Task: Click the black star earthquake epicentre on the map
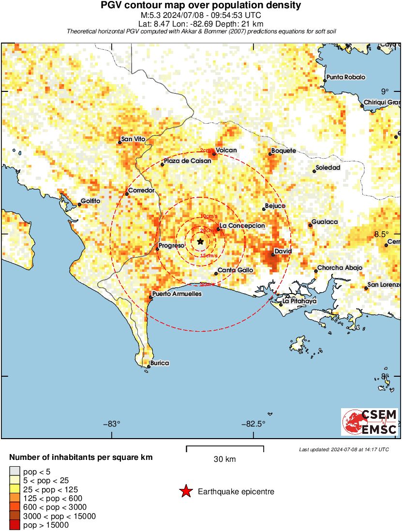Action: pyautogui.click(x=200, y=241)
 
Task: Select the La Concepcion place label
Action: pyautogui.click(x=242, y=225)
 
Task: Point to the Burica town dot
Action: pyautogui.click(x=149, y=367)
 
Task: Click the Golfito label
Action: pyautogui.click(x=90, y=201)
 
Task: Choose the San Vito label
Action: pyautogui.click(x=133, y=139)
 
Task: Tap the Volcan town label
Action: pyautogui.click(x=226, y=150)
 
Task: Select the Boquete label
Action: pyautogui.click(x=283, y=151)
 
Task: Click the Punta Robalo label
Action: pyautogui.click(x=346, y=77)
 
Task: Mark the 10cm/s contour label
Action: pyautogui.click(x=209, y=216)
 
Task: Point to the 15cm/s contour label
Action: pyautogui.click(x=209, y=255)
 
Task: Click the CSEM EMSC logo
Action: pyautogui.click(x=370, y=422)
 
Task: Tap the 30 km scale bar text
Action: pyautogui.click(x=224, y=459)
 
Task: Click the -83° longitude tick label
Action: pyautogui.click(x=112, y=424)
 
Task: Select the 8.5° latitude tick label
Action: pyautogui.click(x=382, y=234)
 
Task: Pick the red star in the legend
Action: pyautogui.click(x=186, y=492)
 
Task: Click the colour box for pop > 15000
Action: pyautogui.click(x=15, y=525)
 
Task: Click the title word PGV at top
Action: pyautogui.click(x=110, y=6)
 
